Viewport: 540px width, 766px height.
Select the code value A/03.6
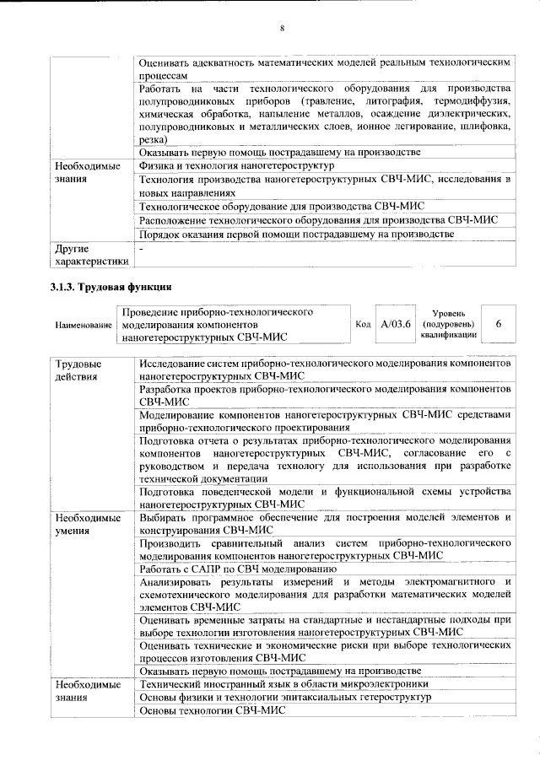point(395,324)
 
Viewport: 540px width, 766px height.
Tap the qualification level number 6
point(498,324)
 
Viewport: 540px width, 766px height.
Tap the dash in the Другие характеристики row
point(142,249)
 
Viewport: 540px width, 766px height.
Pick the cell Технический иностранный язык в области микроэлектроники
point(284,683)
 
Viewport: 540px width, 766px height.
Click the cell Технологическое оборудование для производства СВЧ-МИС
point(282,206)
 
